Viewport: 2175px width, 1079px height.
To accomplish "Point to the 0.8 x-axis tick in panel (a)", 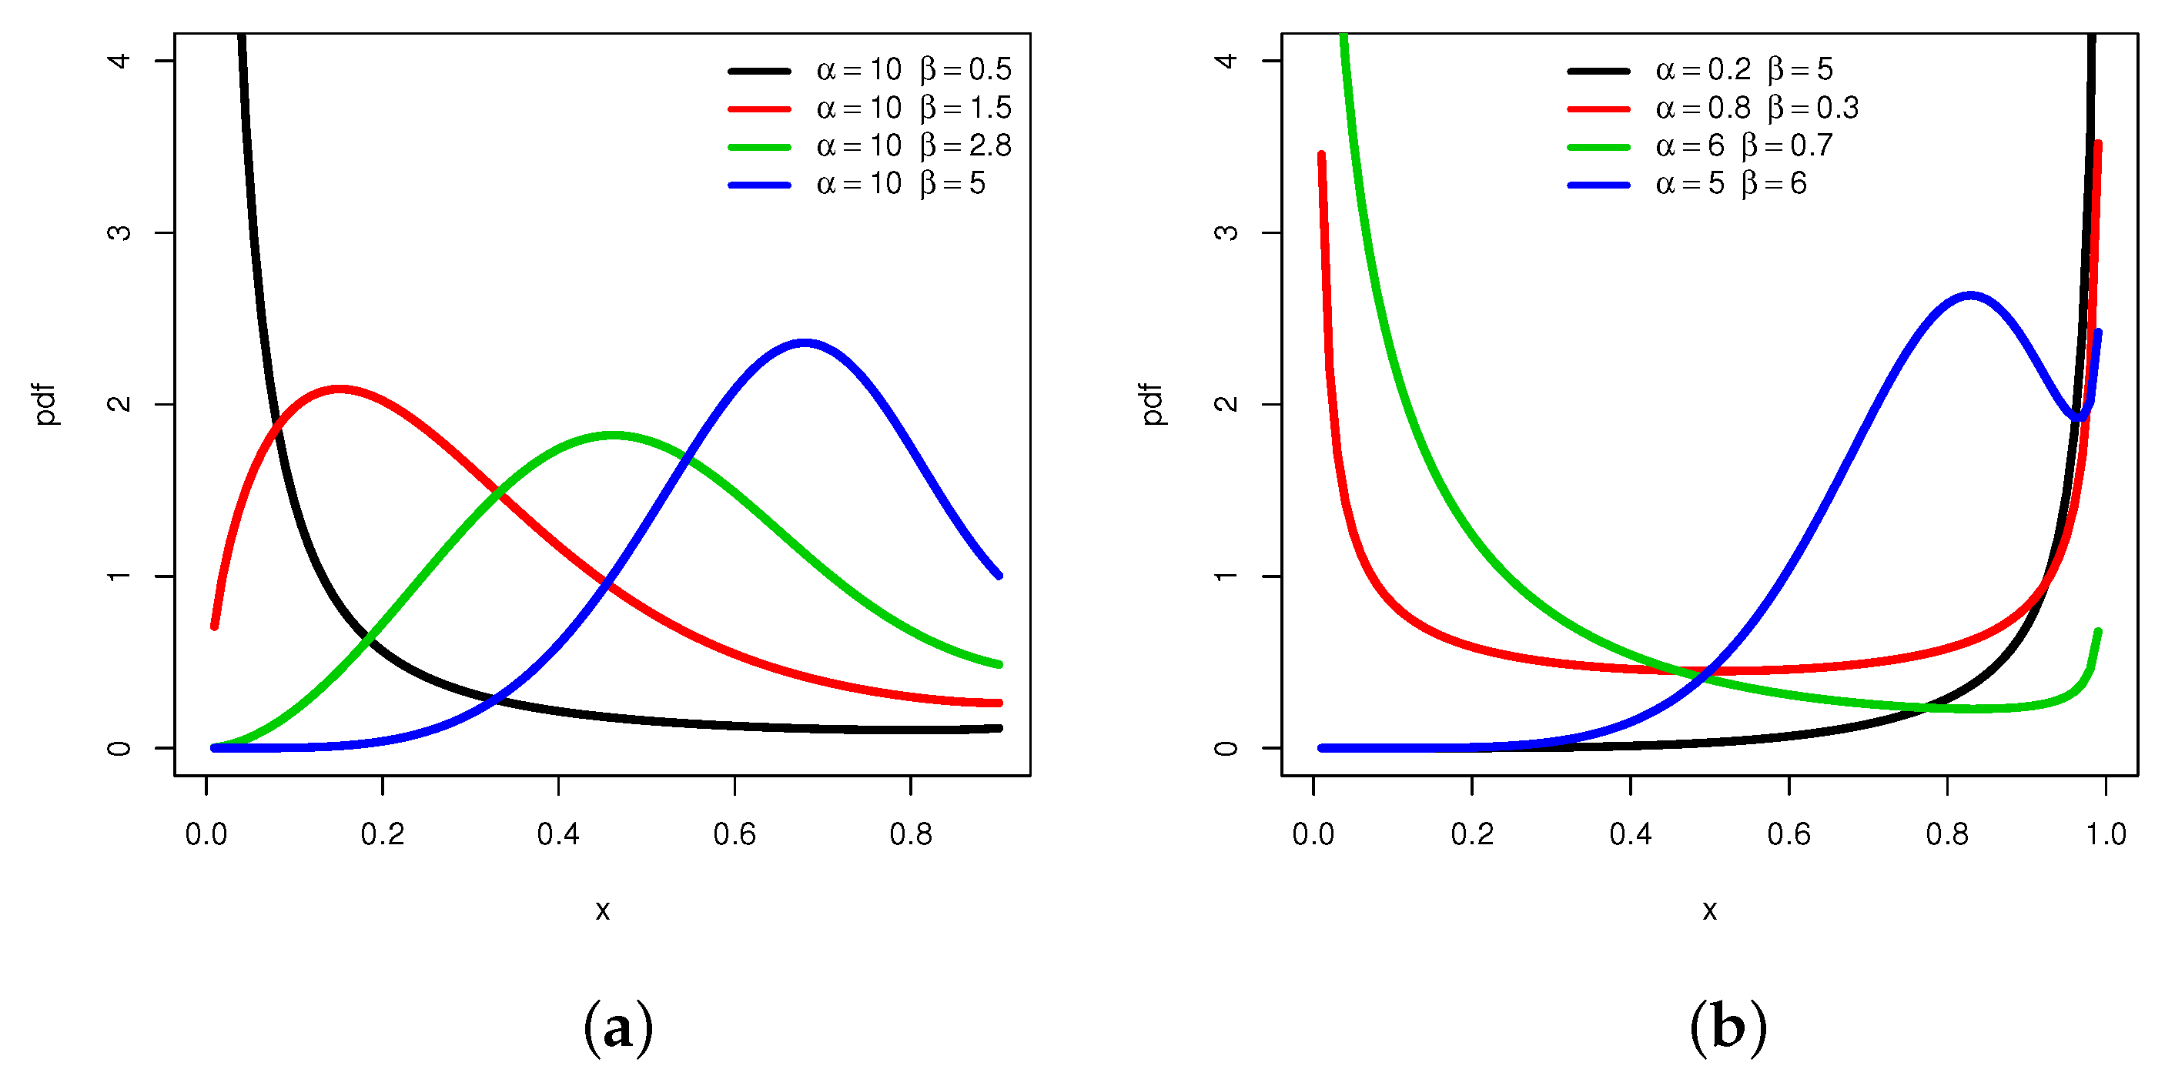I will tap(910, 834).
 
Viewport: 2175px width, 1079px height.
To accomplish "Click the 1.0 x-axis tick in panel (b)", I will tap(2105, 834).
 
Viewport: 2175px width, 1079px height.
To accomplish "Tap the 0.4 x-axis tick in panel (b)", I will tap(1630, 834).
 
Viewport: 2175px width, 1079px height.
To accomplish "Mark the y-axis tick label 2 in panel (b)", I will tap(1226, 403).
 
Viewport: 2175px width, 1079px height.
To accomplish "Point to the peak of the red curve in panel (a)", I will tap(339, 389).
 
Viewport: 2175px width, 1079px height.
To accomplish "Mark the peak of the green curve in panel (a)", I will tap(613, 436).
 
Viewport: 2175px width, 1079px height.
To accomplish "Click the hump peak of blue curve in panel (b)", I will tap(1970, 296).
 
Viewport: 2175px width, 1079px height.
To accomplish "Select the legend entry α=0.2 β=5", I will tap(1743, 70).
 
